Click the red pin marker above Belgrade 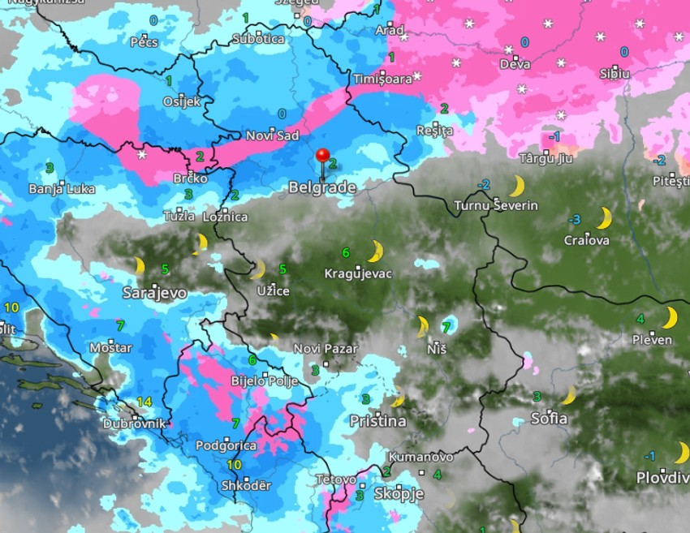(x=322, y=156)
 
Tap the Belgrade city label (x=322, y=187)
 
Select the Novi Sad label (x=272, y=135)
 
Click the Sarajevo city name (x=155, y=292)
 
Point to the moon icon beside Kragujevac (x=374, y=251)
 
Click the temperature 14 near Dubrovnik (x=144, y=402)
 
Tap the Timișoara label (x=383, y=79)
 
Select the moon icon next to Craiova (x=603, y=217)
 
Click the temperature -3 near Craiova (x=574, y=219)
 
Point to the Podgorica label (x=226, y=445)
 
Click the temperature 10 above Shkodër (x=234, y=465)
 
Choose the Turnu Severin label (x=496, y=205)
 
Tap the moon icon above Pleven (x=670, y=317)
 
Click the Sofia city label (x=549, y=419)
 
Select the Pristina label (x=377, y=421)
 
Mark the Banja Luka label (x=62, y=189)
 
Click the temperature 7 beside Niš (x=445, y=327)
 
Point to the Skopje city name (x=399, y=493)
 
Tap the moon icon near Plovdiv (x=681, y=452)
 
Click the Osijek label (x=181, y=101)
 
